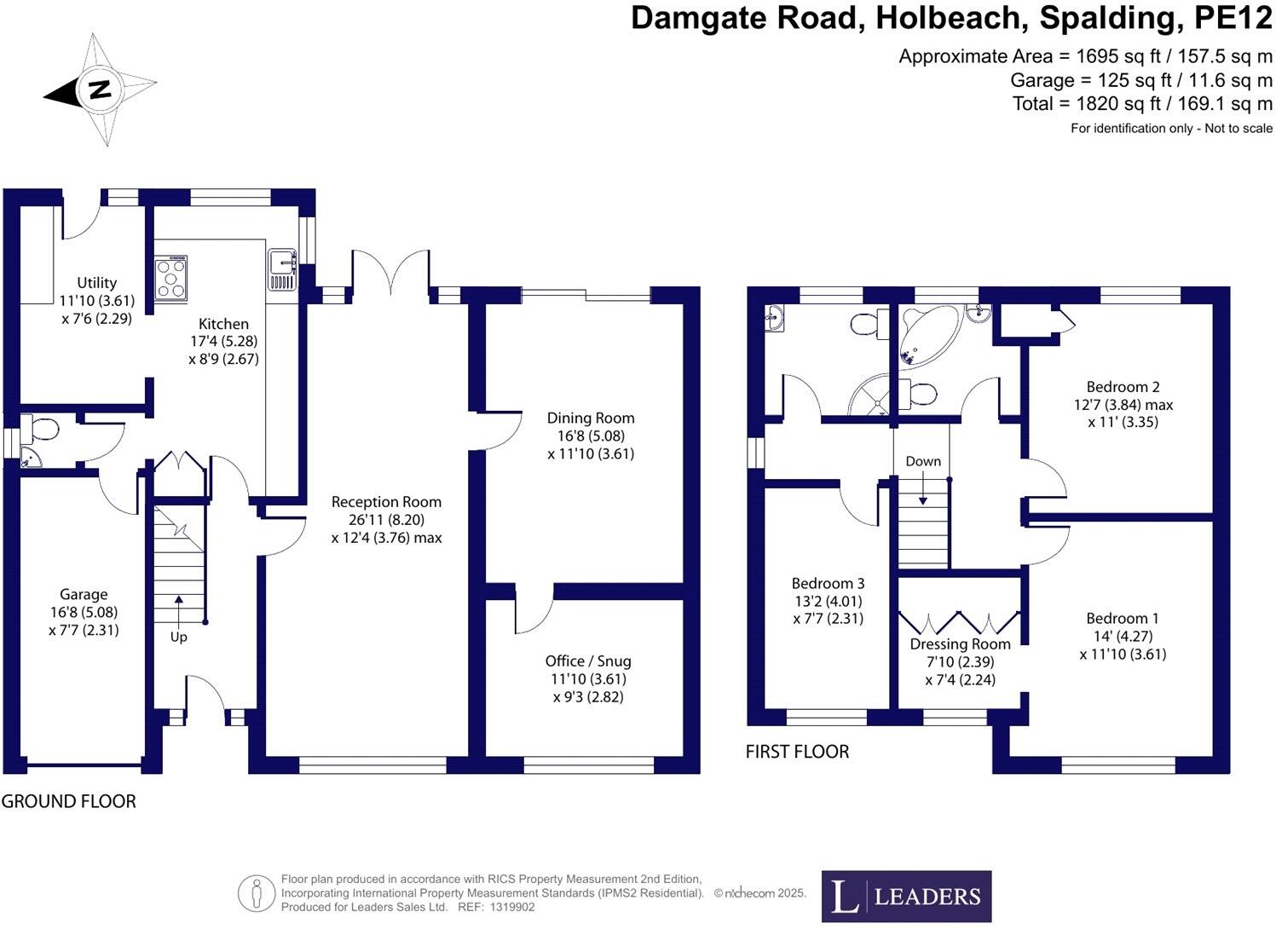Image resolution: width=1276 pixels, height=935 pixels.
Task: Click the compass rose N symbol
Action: [100, 89]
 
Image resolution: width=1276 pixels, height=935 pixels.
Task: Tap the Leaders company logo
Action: [905, 896]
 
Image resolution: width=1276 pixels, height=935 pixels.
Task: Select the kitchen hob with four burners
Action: [170, 279]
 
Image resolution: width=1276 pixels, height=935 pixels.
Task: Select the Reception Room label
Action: [386, 502]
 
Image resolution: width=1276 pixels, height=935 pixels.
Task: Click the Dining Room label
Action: [591, 418]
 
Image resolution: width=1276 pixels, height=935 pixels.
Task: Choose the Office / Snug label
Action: [588, 661]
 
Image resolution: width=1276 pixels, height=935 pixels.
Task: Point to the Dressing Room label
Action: [960, 644]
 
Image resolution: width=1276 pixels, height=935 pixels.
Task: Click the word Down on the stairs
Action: [923, 461]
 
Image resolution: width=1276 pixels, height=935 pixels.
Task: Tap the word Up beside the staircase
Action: [179, 637]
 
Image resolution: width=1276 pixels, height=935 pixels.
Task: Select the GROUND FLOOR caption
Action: [69, 801]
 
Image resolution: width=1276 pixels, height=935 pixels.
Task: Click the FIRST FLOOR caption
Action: [797, 752]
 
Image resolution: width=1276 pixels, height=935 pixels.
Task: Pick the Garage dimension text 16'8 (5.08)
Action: [84, 612]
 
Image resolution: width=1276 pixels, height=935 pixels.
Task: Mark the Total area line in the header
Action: [1142, 104]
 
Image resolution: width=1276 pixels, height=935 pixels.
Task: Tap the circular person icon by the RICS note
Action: [257, 893]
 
